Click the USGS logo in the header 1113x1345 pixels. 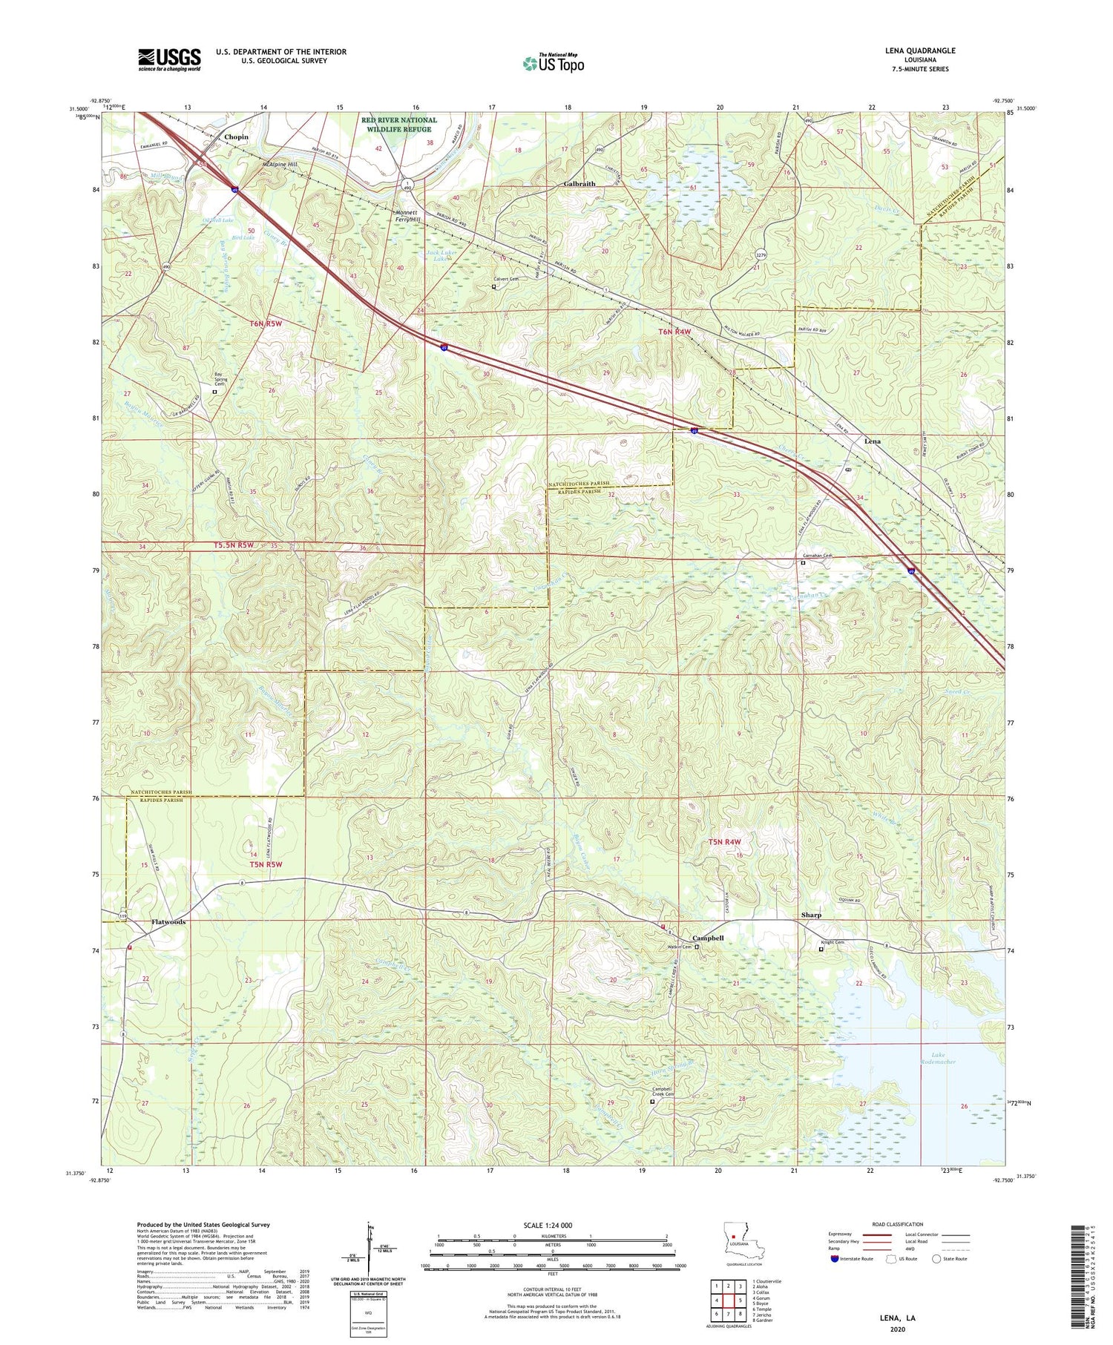point(169,59)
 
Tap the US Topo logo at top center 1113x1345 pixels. point(553,64)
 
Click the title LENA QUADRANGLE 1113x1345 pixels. point(916,50)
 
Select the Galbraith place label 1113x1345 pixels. point(580,184)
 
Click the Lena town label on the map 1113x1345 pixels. point(872,441)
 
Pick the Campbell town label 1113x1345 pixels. point(708,938)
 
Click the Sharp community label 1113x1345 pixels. point(811,915)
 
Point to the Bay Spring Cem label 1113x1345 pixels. point(218,378)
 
